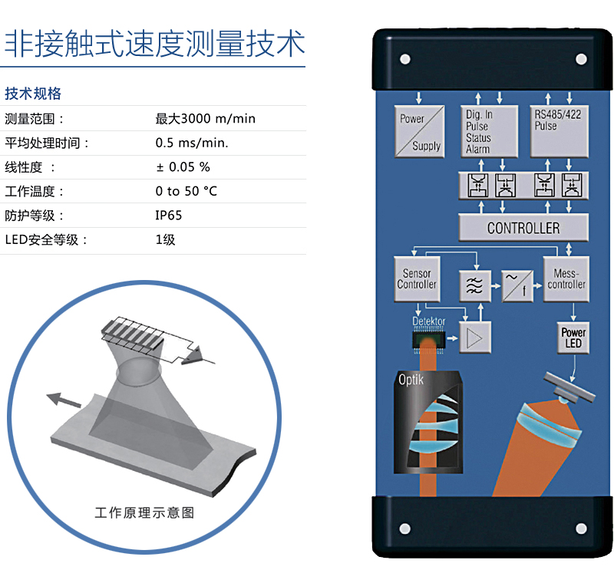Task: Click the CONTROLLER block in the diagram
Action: tap(523, 228)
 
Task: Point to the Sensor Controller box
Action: tap(416, 279)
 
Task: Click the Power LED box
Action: tap(573, 338)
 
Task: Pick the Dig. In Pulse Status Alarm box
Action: tap(490, 131)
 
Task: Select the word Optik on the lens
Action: tap(411, 379)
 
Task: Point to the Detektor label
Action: tap(429, 321)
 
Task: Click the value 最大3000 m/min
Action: tap(205, 119)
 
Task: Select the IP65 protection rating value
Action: tap(169, 216)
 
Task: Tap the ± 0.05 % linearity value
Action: tap(183, 167)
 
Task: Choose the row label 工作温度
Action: tap(35, 192)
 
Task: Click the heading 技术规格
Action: tap(33, 94)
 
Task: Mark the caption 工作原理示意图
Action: tap(144, 512)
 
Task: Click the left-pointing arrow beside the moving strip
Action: tap(63, 399)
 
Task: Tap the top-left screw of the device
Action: tap(403, 58)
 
